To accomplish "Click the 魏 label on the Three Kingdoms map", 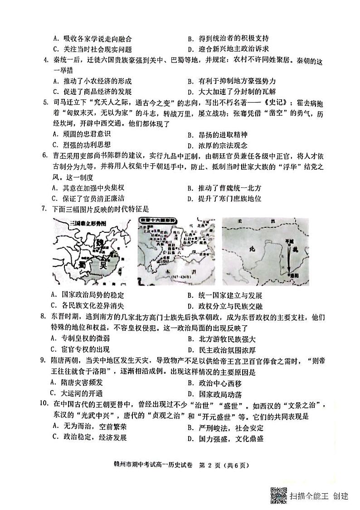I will [99, 244].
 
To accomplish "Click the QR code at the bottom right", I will [279, 494].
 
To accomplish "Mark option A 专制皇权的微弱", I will [81, 338].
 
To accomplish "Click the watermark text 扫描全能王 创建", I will [319, 495].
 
